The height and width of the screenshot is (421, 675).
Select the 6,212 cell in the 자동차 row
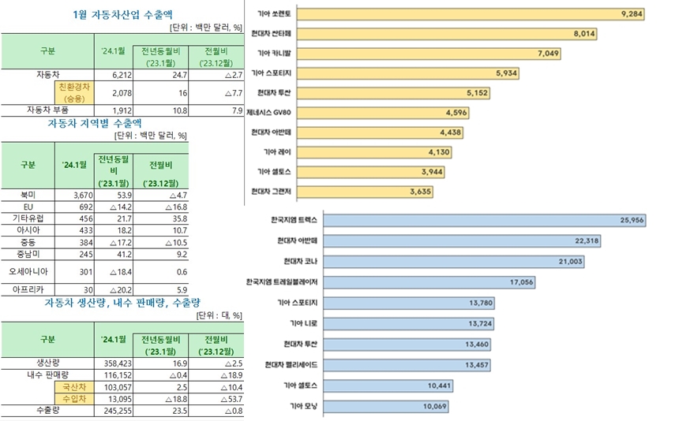point(114,73)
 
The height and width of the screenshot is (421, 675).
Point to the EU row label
point(27,205)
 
